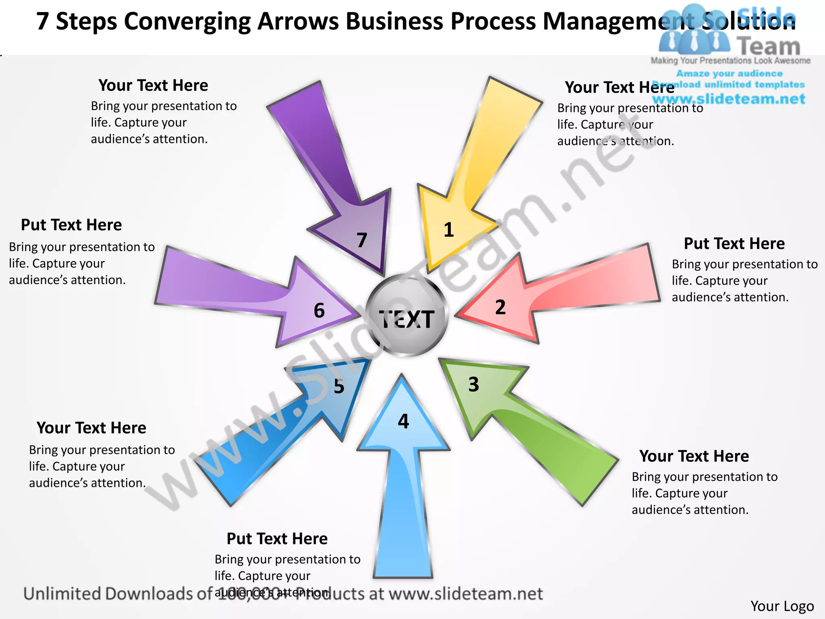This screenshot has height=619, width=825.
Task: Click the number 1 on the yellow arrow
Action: [x=449, y=230]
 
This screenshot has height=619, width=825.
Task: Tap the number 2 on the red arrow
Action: [x=500, y=307]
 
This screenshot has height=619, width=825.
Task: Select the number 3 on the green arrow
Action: [x=474, y=384]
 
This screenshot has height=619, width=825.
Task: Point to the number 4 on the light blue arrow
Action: [x=403, y=422]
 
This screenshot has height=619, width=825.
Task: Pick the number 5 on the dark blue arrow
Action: [x=339, y=386]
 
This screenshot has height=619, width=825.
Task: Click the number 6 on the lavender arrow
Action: [x=319, y=311]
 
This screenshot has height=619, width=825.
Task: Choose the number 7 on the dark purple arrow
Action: [x=362, y=240]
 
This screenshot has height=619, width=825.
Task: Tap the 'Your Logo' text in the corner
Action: [x=782, y=606]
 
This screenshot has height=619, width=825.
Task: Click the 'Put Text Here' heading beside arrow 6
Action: [x=71, y=225]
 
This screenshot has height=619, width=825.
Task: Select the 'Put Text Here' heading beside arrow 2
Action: [x=734, y=244]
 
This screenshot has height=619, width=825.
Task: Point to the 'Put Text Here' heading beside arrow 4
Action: [x=277, y=539]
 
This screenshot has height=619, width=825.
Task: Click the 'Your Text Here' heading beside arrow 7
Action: [x=153, y=85]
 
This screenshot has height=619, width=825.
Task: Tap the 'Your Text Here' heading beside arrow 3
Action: [x=694, y=456]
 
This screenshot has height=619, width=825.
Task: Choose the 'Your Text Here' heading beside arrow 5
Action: [x=91, y=428]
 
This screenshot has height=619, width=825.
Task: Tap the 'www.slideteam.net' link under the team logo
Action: [x=728, y=99]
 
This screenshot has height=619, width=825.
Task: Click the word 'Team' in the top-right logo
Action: [x=769, y=46]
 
